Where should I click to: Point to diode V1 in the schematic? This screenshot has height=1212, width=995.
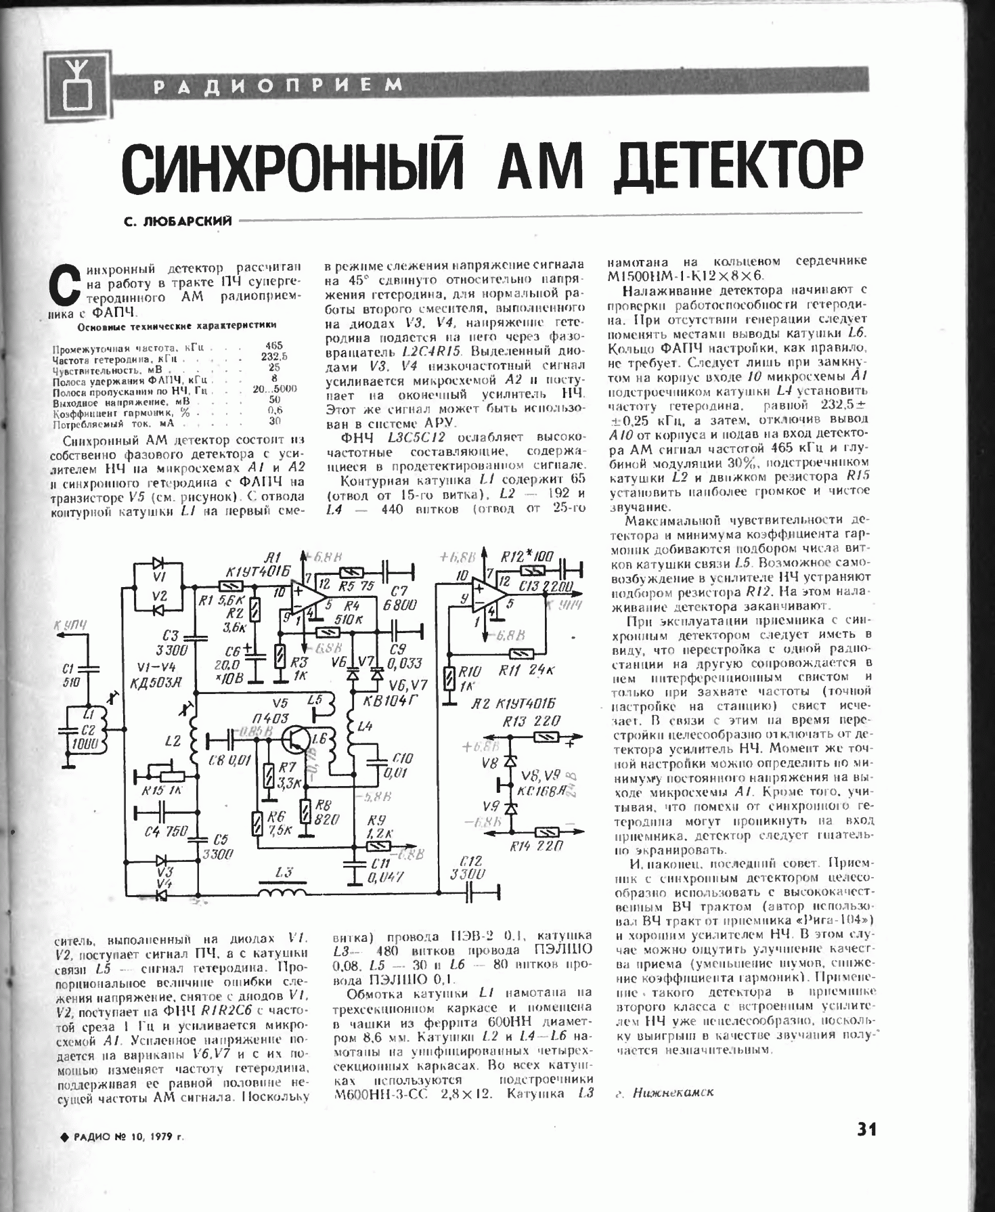[160, 563]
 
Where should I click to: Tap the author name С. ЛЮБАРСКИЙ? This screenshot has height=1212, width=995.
[178, 221]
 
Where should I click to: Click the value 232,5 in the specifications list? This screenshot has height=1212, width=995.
[274, 356]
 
